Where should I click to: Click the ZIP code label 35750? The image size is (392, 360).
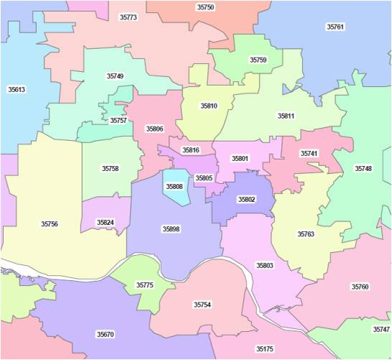[x=205, y=6]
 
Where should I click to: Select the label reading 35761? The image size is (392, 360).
[x=335, y=27]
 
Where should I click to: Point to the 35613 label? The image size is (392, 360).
[x=17, y=90]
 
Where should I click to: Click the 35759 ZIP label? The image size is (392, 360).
[x=258, y=60]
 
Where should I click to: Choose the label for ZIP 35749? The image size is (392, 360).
[x=115, y=75]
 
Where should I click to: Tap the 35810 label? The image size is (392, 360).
[x=208, y=106]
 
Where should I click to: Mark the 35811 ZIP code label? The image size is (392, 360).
[x=286, y=115]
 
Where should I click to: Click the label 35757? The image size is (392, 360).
[x=118, y=121]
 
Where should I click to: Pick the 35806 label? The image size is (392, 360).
[x=154, y=129]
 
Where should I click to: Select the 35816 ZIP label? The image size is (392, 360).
[x=191, y=150]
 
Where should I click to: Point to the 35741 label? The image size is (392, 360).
[x=309, y=154]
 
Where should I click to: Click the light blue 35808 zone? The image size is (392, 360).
[x=174, y=187]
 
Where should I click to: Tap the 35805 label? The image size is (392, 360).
[x=204, y=177]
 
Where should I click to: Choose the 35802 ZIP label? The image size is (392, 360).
[x=246, y=199]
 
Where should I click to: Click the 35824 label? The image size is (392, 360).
[x=105, y=222]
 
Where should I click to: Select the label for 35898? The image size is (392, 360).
[x=171, y=229]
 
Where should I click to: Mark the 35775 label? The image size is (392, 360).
[x=145, y=285]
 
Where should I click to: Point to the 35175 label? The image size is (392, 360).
[x=265, y=349]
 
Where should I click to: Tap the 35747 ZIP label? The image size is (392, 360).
[x=381, y=329]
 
